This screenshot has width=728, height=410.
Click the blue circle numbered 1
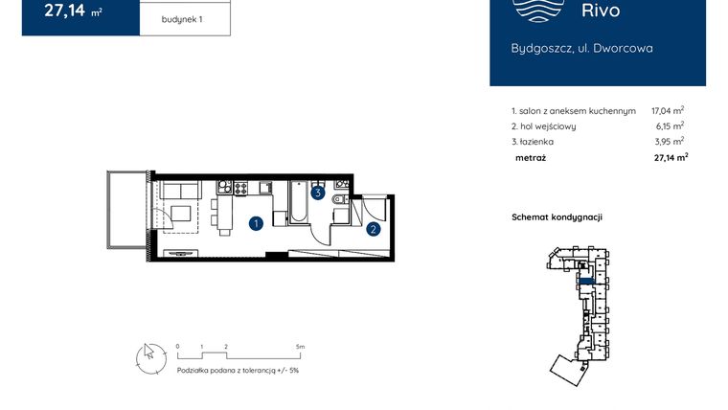tap(256, 224)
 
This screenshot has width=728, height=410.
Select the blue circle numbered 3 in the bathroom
tap(318, 193)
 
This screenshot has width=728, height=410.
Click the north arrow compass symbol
tap(147, 356)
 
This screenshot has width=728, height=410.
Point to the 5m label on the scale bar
tap(300, 346)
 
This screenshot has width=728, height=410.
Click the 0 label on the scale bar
tap(177, 346)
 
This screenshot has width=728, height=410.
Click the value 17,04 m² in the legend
tap(667, 111)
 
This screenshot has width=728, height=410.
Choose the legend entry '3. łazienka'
tap(534, 142)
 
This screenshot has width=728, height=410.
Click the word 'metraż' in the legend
tap(530, 157)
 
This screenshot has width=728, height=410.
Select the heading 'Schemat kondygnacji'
tap(557, 217)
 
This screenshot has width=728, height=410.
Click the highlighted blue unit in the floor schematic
tap(583, 281)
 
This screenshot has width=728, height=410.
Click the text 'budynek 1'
tap(184, 19)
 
